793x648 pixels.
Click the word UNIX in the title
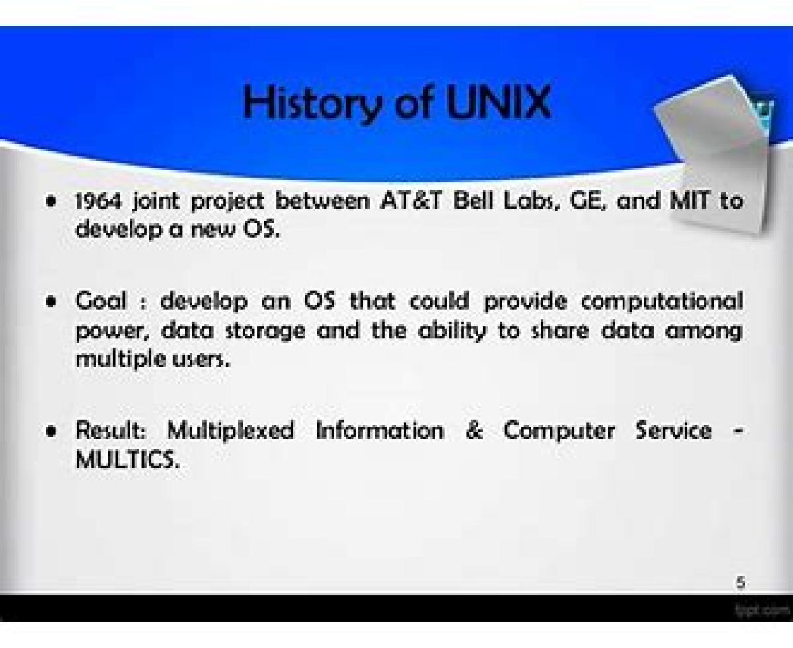pos(500,102)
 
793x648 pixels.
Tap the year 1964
pos(99,201)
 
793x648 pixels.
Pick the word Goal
pos(100,301)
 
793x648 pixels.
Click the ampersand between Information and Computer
pos(474,431)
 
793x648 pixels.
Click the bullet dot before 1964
pos(50,201)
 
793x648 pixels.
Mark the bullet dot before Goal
pos(50,302)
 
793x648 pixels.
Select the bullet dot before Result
pos(50,431)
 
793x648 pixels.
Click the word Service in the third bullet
pos(673,431)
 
